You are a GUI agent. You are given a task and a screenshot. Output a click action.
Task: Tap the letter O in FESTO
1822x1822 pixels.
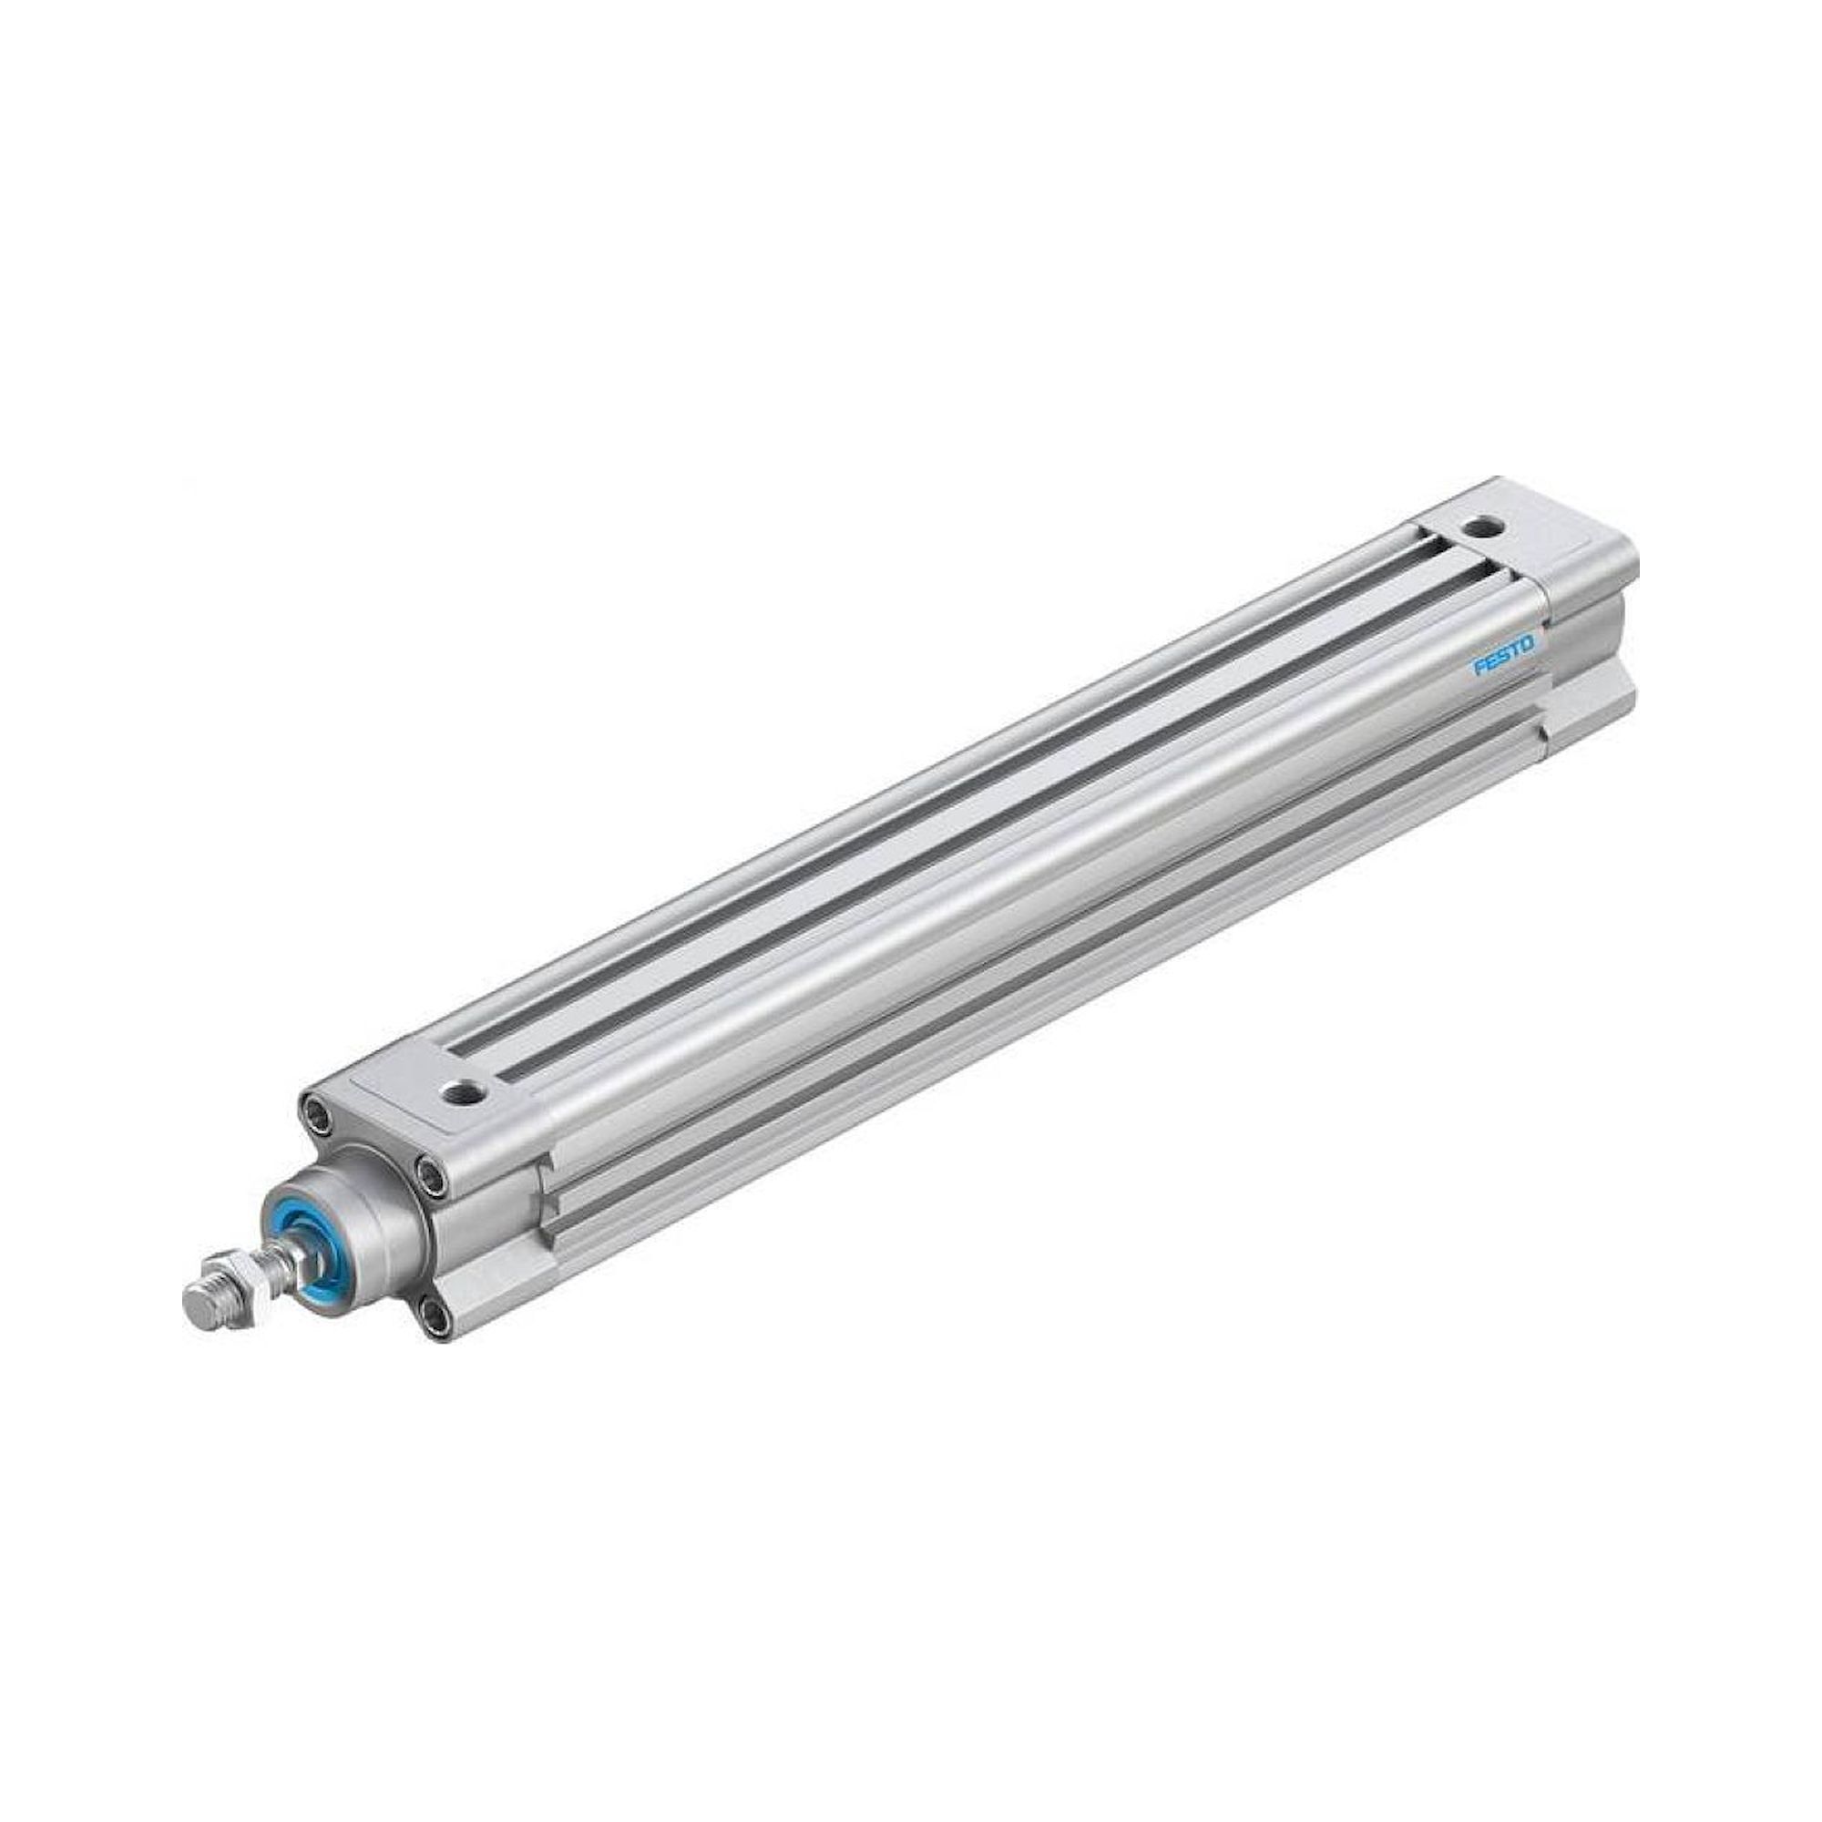click(x=1528, y=644)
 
